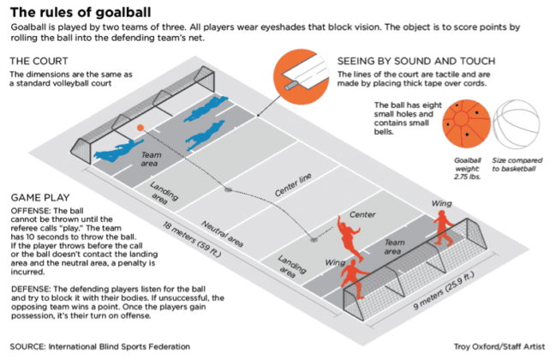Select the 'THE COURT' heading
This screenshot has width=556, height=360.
click(39, 62)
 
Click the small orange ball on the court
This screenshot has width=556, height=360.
click(140, 128)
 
